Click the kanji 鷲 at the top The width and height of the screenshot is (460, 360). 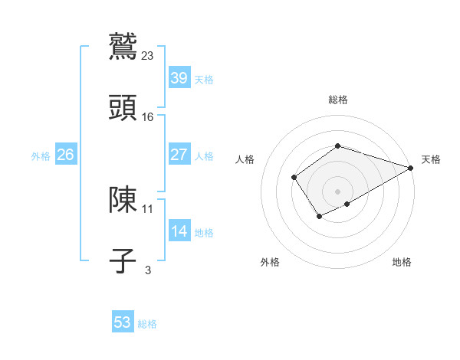(x=123, y=45)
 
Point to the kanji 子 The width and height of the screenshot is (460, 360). (x=123, y=260)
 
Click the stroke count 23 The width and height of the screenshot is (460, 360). (x=148, y=55)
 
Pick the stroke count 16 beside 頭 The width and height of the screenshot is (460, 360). (x=148, y=116)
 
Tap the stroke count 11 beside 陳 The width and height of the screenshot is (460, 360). (x=148, y=208)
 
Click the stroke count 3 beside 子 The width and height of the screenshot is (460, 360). (x=148, y=270)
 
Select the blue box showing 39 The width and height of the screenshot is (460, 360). (x=179, y=78)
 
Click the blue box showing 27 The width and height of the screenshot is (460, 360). (x=179, y=155)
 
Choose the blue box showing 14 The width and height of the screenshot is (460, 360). (x=179, y=231)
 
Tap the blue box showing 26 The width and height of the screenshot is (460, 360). (x=65, y=155)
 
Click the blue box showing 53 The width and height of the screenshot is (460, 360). (x=123, y=322)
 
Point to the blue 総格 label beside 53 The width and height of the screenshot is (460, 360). (x=147, y=324)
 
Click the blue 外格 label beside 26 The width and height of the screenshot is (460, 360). (x=41, y=156)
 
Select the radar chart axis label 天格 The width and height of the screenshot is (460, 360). (x=431, y=159)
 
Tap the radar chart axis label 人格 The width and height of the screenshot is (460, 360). (x=245, y=159)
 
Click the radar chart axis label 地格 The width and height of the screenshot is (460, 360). (x=402, y=262)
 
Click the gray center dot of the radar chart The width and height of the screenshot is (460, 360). (x=338, y=191)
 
